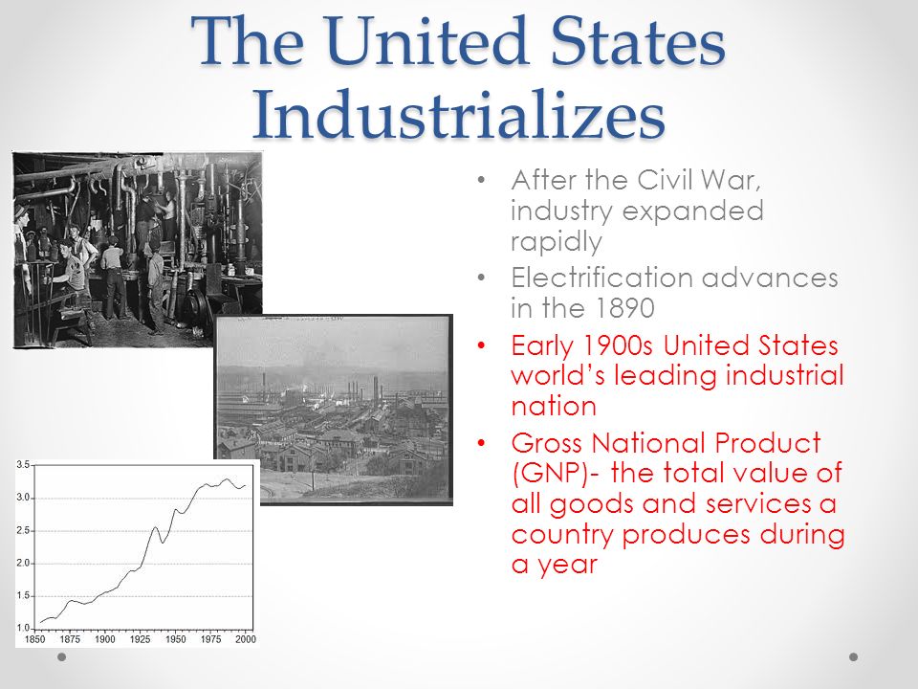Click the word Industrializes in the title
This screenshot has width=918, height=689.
click(458, 117)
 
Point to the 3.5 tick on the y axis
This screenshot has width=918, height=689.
click(24, 464)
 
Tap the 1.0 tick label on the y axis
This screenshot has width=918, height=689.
click(24, 627)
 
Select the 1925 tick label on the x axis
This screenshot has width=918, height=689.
click(141, 638)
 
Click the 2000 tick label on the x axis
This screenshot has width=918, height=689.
click(246, 638)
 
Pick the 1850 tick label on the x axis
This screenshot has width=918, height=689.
click(35, 638)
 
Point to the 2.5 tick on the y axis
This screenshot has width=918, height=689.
click(24, 529)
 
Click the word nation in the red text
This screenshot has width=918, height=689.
click(554, 406)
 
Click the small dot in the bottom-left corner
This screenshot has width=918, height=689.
click(62, 657)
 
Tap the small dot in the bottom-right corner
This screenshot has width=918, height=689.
click(854, 657)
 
